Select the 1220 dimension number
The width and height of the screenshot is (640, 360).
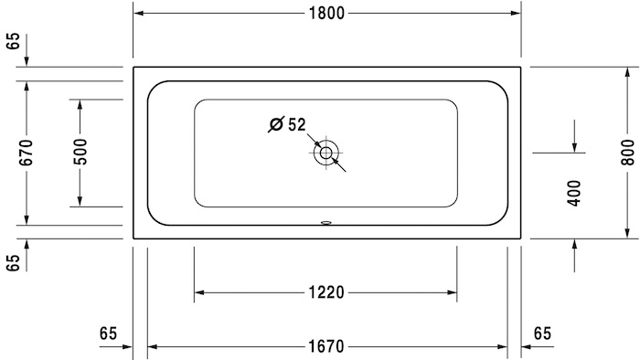(x=326, y=292)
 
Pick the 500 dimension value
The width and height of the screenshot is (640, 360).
(x=80, y=151)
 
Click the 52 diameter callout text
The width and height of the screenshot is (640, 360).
(x=296, y=125)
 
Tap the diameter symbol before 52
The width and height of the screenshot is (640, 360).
(x=275, y=125)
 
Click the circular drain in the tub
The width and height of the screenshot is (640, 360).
(x=325, y=154)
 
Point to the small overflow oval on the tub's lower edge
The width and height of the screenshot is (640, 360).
(x=326, y=221)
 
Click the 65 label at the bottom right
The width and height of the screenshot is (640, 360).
(x=543, y=333)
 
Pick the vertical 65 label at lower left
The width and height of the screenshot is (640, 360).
(x=13, y=263)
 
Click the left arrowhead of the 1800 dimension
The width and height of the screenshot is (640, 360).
(x=139, y=14)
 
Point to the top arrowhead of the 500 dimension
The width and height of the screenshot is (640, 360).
(x=80, y=102)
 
